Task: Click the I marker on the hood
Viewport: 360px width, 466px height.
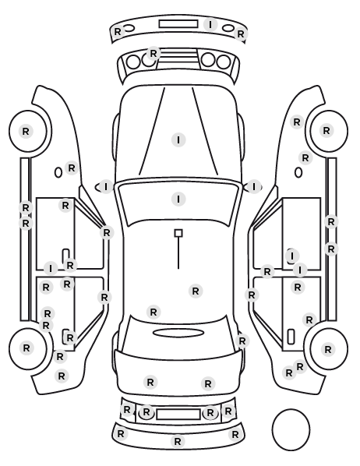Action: [178, 139]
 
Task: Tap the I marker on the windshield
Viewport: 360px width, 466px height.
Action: [178, 199]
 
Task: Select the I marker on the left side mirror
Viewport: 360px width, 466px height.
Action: [106, 187]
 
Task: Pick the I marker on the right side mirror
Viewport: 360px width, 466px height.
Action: [253, 187]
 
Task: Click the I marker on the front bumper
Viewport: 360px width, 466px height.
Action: [210, 24]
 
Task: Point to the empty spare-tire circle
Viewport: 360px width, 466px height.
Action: [291, 429]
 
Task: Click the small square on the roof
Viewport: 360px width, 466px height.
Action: [178, 233]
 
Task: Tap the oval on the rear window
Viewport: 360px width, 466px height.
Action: [178, 333]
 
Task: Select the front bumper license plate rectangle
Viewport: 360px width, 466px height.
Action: [178, 24]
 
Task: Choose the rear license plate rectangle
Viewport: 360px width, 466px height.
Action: [178, 414]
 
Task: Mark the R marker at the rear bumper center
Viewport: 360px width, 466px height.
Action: [178, 441]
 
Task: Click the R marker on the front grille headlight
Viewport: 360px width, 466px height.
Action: [153, 54]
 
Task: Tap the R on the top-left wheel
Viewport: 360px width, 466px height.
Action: [26, 131]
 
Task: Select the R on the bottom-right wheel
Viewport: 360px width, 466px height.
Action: [327, 349]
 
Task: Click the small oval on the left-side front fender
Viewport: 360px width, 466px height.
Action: [58, 172]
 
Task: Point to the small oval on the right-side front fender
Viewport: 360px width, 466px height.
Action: [298, 172]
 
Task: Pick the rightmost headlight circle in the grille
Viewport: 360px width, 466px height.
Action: [224, 62]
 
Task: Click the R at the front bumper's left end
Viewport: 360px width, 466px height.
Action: [118, 31]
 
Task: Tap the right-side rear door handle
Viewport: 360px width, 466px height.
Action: [291, 337]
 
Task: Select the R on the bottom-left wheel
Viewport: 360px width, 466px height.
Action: [26, 348]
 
